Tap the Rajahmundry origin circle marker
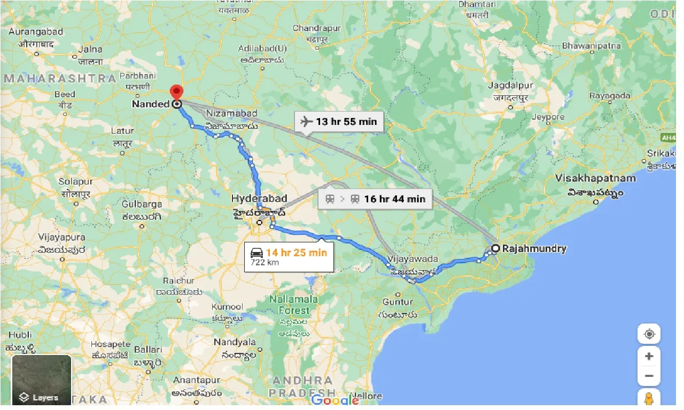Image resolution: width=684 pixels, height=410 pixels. pos(495,248)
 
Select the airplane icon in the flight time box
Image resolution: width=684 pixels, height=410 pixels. pos(306,122)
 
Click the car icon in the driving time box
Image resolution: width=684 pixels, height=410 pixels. pos(256,253)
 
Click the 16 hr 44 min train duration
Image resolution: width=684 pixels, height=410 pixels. pos(394,199)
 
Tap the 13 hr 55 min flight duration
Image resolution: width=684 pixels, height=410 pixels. pos(346,122)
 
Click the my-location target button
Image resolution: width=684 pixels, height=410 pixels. pos(649,335)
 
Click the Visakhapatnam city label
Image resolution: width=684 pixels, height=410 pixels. pos(595,178)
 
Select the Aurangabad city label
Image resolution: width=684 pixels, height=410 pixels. pos(36,31)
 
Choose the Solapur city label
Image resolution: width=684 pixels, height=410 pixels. pos(76,182)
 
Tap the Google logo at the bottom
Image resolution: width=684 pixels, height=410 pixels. pos(335,400)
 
